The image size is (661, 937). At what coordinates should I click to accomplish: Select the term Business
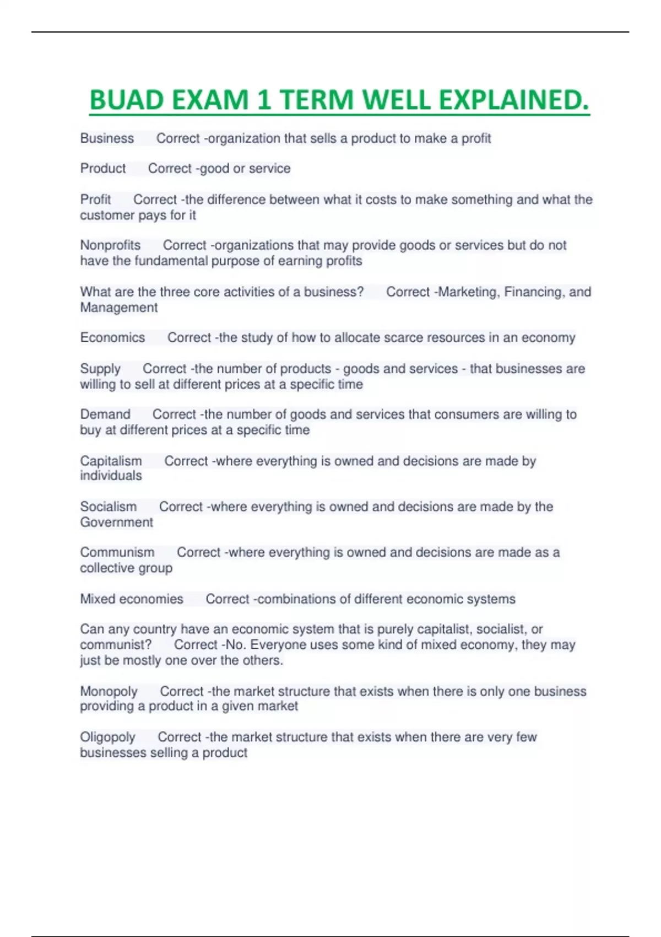(x=107, y=138)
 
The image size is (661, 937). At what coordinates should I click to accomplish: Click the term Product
(x=103, y=168)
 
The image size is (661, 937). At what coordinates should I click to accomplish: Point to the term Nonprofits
(x=110, y=245)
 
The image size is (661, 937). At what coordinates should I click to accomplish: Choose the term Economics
(x=112, y=337)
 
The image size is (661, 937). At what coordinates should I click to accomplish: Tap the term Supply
(x=100, y=369)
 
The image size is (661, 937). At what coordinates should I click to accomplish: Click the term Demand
(x=105, y=414)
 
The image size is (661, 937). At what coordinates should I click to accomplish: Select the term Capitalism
(x=111, y=461)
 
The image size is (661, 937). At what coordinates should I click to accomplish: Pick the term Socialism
(x=109, y=507)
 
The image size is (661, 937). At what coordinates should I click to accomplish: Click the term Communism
(x=117, y=552)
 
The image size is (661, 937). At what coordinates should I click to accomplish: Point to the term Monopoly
(x=109, y=691)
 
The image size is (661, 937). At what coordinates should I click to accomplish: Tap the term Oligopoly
(x=107, y=737)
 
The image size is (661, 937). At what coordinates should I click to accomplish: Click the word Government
(x=117, y=522)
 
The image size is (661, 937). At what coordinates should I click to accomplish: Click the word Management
(x=119, y=307)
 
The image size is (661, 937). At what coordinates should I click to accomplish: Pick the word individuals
(x=111, y=476)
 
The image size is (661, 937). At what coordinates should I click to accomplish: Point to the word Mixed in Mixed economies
(x=97, y=599)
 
